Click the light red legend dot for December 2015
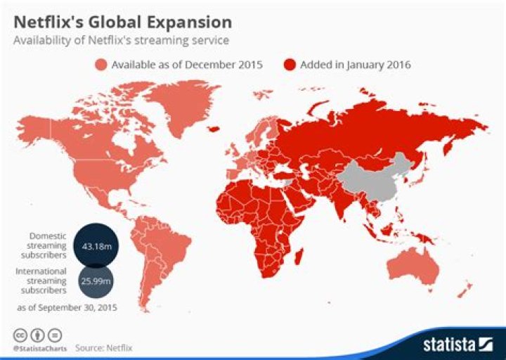100,65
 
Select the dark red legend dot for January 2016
289,65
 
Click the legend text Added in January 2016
355,65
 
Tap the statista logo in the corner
458,344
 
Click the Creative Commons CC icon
18,335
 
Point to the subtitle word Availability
41,41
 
